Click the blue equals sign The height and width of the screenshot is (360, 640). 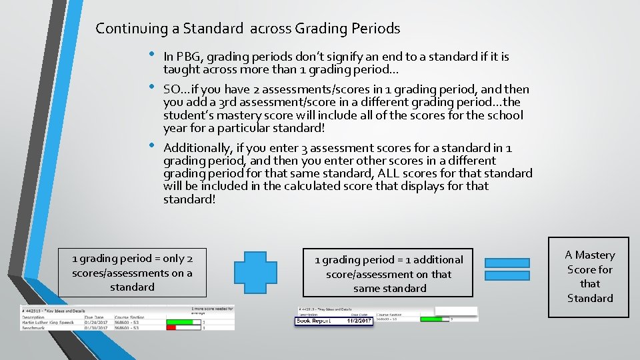(507, 268)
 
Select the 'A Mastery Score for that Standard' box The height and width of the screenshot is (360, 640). (589, 276)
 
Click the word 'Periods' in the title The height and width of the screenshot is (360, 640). (377, 29)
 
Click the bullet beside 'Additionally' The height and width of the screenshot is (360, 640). (152, 145)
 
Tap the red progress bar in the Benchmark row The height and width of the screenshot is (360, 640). (171, 327)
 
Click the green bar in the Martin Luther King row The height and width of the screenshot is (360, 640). (180, 322)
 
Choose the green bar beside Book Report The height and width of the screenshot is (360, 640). (435, 319)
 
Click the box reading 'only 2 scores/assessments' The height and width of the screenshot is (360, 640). (132, 273)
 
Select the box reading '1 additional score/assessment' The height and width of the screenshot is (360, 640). (388, 273)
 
